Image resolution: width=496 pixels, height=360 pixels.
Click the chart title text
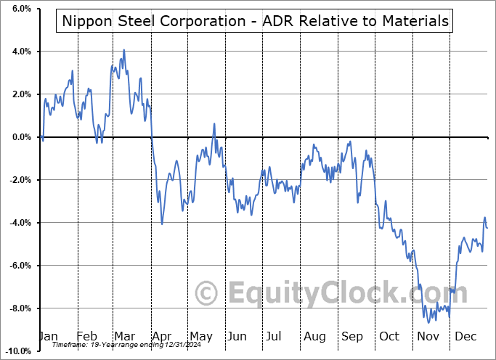[x=253, y=21]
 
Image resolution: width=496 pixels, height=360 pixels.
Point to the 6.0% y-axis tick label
[x=21, y=9]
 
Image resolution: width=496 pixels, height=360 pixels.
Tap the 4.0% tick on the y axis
[x=21, y=52]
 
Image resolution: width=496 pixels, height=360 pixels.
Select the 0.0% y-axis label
[x=21, y=137]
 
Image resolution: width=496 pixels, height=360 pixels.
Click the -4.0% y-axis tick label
[x=20, y=223]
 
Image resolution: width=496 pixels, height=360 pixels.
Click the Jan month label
[x=48, y=337]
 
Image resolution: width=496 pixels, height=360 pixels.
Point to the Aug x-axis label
[x=314, y=337]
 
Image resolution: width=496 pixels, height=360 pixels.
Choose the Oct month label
[x=389, y=337]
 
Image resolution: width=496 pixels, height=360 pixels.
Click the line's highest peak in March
[x=124, y=50]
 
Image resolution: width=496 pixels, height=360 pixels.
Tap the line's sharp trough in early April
[x=162, y=224]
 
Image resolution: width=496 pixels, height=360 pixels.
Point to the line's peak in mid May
[x=214, y=124]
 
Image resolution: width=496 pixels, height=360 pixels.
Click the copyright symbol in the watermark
[x=208, y=293]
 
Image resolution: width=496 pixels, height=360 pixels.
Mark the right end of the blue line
[x=487, y=228]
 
